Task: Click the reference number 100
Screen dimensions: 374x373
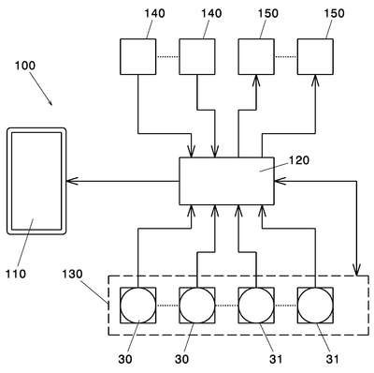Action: click(x=25, y=66)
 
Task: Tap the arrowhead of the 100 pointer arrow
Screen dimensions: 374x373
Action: click(x=50, y=102)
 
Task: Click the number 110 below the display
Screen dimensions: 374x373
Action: click(x=16, y=274)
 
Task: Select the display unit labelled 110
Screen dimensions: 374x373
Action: click(x=36, y=181)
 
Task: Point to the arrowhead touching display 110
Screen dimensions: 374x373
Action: click(x=70, y=181)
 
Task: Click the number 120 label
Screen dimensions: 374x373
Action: click(x=299, y=160)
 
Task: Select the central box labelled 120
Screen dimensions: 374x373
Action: click(x=226, y=181)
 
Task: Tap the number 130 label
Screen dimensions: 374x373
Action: click(x=72, y=274)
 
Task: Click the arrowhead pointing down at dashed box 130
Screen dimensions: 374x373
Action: click(x=357, y=271)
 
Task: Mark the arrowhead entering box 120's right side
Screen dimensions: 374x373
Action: click(x=279, y=181)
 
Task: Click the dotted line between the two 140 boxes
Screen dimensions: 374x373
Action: click(x=167, y=57)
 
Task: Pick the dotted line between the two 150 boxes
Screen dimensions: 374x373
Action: click(x=286, y=57)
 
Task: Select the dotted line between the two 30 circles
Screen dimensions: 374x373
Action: click(x=167, y=306)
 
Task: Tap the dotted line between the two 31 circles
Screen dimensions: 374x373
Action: click(x=286, y=306)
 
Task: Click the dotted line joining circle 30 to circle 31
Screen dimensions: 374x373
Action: click(x=226, y=306)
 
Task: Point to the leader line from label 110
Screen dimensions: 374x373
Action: click(x=25, y=244)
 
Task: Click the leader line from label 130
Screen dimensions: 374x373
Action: click(x=95, y=291)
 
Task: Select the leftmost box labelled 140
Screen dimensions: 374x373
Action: click(x=138, y=57)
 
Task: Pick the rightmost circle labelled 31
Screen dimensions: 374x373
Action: click(x=315, y=306)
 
